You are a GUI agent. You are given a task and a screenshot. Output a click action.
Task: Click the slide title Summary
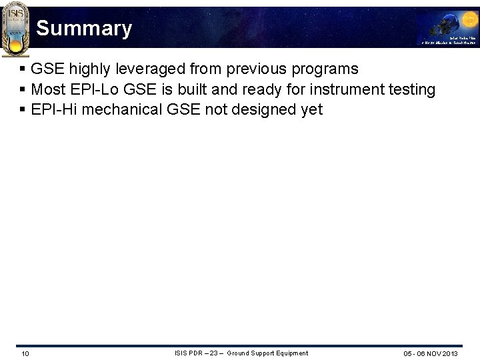tap(84, 29)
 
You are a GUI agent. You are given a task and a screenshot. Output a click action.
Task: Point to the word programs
tap(325, 69)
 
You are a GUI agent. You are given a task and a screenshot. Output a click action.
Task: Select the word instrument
tap(347, 89)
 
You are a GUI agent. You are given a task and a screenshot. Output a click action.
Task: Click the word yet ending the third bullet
tap(311, 109)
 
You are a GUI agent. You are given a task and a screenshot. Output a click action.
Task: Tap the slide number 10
tap(25, 353)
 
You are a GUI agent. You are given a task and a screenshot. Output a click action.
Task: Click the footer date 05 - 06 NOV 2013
tap(430, 353)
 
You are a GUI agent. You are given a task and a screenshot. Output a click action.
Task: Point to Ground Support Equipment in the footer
tap(267, 353)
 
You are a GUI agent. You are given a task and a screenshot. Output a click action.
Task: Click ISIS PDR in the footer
tap(189, 353)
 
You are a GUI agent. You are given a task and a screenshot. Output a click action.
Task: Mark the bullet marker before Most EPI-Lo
tap(23, 89)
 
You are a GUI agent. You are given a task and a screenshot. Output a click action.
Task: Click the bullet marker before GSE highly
tap(23, 69)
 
